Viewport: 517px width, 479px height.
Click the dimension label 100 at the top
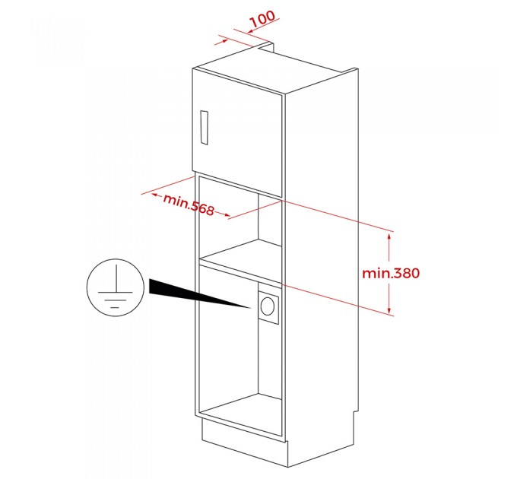[262, 19]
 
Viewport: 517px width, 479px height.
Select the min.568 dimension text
[189, 205]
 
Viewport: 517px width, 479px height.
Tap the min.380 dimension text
[391, 273]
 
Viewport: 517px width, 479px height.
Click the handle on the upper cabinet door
[204, 128]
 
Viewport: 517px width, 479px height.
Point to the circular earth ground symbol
[116, 287]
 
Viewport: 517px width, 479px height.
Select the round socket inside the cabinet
[267, 306]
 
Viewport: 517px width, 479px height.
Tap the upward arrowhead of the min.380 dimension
[389, 236]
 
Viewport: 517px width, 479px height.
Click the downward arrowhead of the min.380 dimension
[389, 310]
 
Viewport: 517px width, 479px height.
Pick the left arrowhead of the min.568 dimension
[154, 195]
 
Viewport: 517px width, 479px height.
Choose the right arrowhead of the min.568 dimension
[227, 215]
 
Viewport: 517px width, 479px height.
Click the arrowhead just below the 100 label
[250, 31]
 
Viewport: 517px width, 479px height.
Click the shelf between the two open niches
[241, 261]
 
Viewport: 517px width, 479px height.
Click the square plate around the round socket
[268, 306]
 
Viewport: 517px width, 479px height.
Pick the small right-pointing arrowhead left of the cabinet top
[224, 41]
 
